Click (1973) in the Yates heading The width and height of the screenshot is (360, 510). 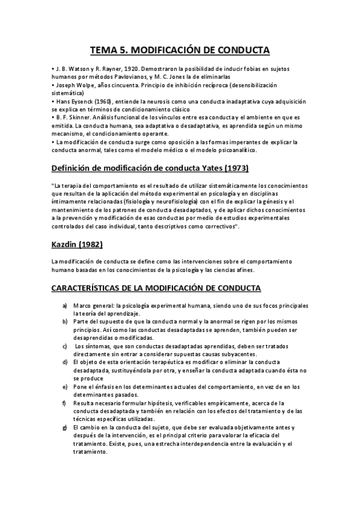234,167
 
